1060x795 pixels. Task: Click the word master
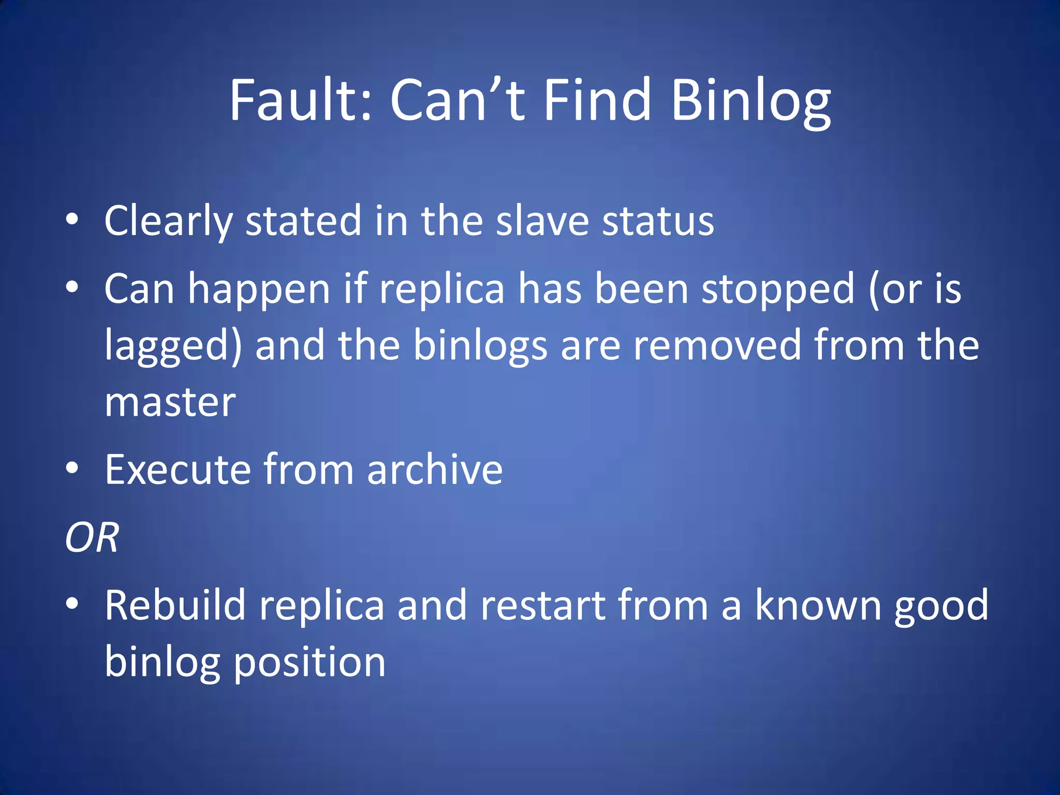(x=170, y=402)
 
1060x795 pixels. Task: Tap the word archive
(x=434, y=469)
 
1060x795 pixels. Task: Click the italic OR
(x=92, y=538)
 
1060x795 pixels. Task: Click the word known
(x=818, y=605)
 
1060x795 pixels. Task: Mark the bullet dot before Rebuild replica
(x=72, y=603)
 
